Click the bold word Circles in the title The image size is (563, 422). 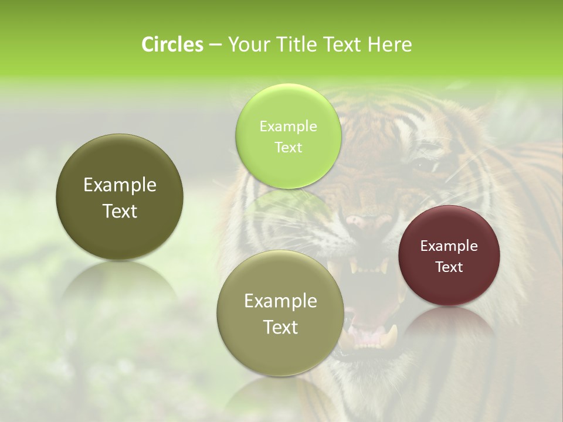(172, 45)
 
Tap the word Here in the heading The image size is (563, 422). (389, 45)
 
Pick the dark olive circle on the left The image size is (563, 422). (120, 234)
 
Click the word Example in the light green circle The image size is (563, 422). (288, 127)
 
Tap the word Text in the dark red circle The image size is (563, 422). (449, 267)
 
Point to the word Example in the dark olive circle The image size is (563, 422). (120, 185)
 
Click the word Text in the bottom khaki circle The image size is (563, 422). (280, 327)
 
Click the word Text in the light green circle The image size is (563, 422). (288, 148)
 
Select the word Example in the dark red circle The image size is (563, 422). (449, 246)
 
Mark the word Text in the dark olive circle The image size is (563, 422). (120, 211)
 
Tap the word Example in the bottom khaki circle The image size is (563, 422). (280, 301)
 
